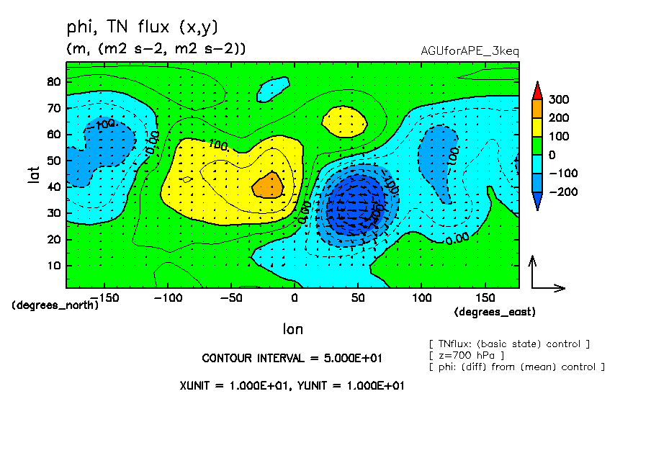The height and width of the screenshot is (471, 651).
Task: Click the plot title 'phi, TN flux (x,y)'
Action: [x=141, y=27]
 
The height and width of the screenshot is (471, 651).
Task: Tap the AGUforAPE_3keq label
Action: [x=470, y=51]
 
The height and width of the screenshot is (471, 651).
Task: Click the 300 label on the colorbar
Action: [x=560, y=99]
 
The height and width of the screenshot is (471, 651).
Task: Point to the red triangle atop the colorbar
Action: [x=536, y=90]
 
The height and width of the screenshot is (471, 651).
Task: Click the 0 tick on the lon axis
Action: [x=294, y=297]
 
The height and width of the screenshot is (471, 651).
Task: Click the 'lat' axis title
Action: [x=34, y=173]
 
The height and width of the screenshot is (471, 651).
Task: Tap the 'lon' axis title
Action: [x=292, y=329]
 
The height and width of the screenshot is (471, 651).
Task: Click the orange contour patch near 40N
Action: [x=267, y=185]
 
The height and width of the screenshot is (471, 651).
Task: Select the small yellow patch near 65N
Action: [x=345, y=120]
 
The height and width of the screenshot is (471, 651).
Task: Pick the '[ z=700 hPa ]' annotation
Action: [x=466, y=355]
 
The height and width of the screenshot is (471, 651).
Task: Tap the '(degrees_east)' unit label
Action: [x=495, y=312]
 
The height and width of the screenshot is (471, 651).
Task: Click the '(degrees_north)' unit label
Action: [x=55, y=305]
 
